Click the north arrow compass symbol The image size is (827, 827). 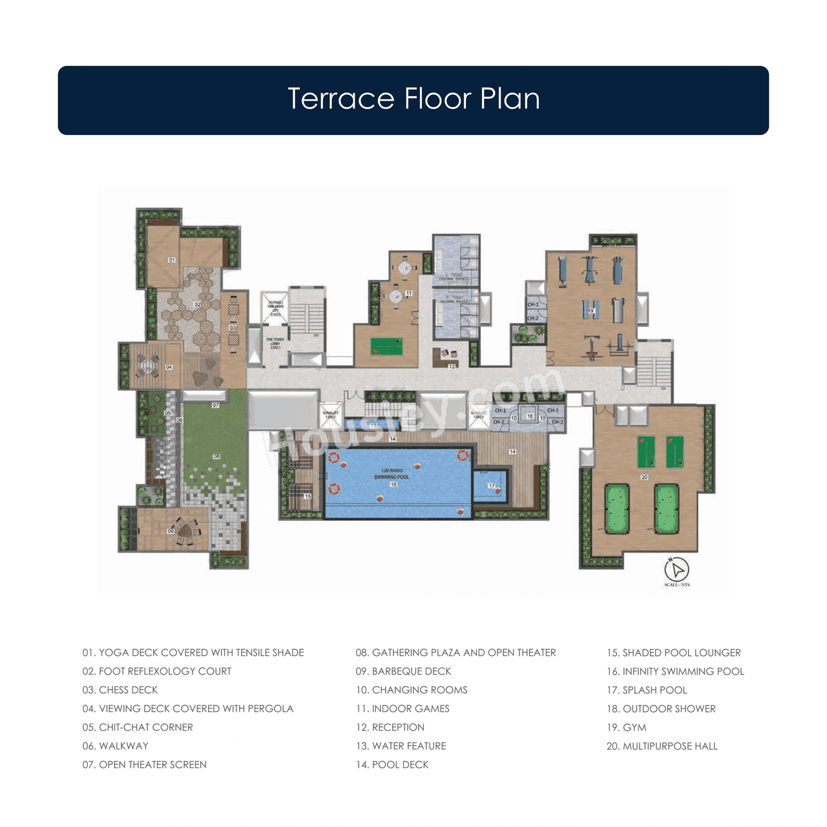click(676, 569)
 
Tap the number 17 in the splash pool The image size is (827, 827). click(492, 485)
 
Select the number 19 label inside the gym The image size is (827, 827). click(591, 311)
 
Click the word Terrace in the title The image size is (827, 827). click(340, 99)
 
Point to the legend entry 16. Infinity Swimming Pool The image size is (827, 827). click(675, 671)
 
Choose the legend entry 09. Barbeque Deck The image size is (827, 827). click(403, 671)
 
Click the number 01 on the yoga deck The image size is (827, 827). click(172, 260)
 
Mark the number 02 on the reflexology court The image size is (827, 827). click(197, 304)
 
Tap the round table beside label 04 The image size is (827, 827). click(148, 366)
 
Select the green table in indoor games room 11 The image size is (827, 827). click(387, 346)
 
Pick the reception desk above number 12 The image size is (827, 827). click(445, 354)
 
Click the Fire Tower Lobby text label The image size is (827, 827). click(275, 343)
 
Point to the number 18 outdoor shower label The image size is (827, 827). click(530, 416)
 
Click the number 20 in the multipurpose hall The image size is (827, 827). click(644, 477)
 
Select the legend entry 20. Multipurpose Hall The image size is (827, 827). click(662, 746)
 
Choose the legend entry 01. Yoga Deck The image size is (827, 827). click(193, 653)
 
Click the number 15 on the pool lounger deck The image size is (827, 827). click(308, 496)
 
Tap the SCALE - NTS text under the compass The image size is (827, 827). click(676, 585)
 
